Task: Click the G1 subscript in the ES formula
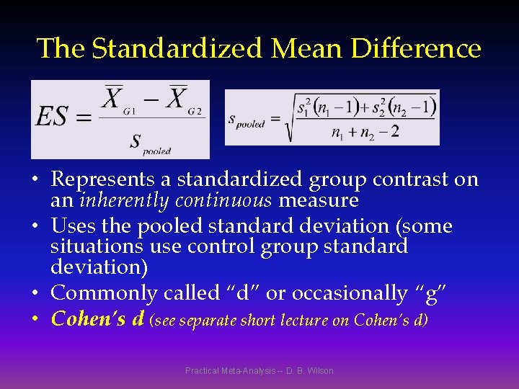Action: point(130,111)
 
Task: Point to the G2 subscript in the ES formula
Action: point(195,111)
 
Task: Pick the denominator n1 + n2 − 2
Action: point(365,133)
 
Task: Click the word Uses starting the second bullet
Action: point(71,226)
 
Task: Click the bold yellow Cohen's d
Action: point(98,318)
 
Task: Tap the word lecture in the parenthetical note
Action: point(303,319)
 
